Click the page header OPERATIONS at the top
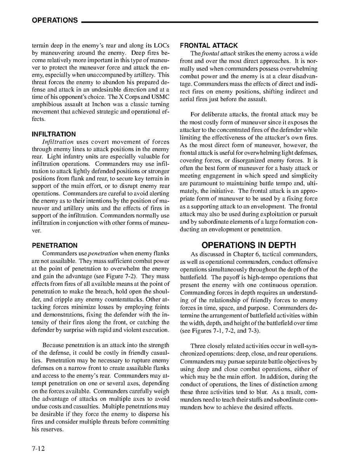(55, 21)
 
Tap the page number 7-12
(38, 448)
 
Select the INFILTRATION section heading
(54, 134)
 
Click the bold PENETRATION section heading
(54, 245)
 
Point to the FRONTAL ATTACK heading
(209, 46)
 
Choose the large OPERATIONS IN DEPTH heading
(248, 245)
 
